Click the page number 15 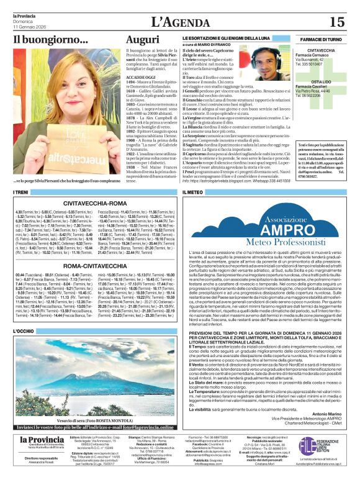336,22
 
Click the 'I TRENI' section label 22,193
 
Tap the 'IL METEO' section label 194,193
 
